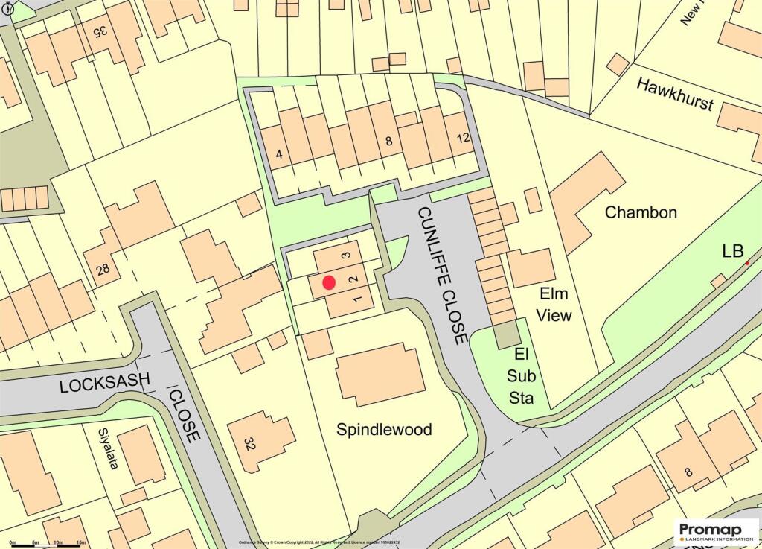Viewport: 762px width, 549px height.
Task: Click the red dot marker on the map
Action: (329, 282)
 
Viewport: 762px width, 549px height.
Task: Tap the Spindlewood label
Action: (384, 430)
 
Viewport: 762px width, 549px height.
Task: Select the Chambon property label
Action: (641, 212)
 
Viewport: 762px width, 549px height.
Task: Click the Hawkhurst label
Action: (675, 95)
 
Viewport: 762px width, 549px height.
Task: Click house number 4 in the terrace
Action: (279, 155)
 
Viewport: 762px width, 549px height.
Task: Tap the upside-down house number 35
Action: (100, 32)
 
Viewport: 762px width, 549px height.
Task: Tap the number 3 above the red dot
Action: (345, 256)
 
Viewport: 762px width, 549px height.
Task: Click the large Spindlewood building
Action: (380, 374)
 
